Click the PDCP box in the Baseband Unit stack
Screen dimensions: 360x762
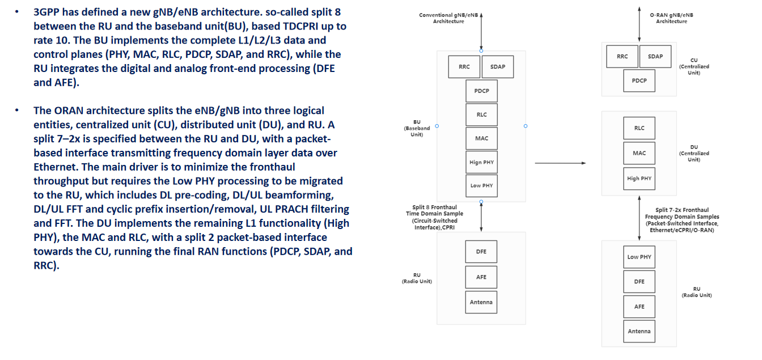[x=481, y=91]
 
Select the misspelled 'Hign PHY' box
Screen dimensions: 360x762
[x=481, y=162]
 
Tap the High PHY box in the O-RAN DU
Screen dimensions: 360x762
[x=639, y=179]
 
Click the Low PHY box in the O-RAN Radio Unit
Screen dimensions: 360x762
[x=639, y=257]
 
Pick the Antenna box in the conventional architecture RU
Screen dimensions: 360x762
[x=481, y=302]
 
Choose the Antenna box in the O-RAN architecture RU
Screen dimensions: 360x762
[x=639, y=331]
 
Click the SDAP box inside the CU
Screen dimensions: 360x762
[x=655, y=57]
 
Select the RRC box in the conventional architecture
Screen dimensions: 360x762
[x=464, y=67]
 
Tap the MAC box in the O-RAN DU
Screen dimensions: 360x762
[x=639, y=153]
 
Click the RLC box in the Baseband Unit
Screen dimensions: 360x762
[x=481, y=115]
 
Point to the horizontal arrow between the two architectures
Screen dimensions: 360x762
[x=560, y=163]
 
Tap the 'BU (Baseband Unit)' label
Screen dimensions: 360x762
[x=417, y=128]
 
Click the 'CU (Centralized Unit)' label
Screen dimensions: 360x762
[x=693, y=66]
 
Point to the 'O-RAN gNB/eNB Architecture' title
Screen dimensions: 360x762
[x=671, y=18]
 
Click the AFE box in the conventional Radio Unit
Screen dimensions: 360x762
[x=481, y=277]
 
